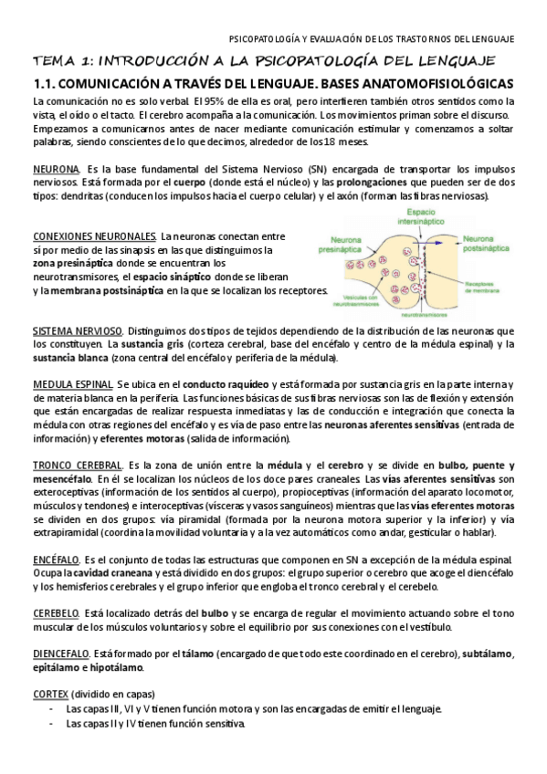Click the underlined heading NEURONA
click(56, 170)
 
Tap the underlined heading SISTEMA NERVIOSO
click(77, 330)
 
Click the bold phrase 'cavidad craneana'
click(121, 571)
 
